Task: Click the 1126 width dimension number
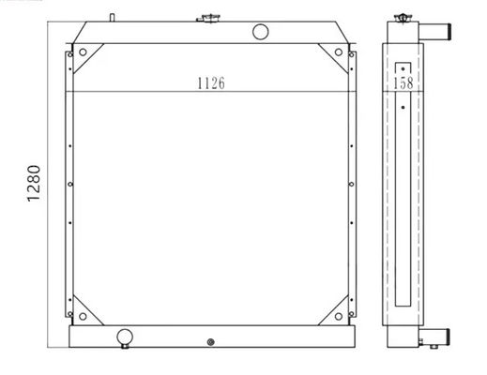[210, 83]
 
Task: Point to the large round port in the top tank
[260, 32]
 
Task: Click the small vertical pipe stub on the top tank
[112, 18]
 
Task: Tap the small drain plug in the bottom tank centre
[210, 341]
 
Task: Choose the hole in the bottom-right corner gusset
[335, 311]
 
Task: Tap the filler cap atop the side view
[402, 16]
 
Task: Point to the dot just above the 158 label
[402, 67]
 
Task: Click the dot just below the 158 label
[402, 106]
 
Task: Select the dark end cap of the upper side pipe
[449, 30]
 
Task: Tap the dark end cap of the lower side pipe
[449, 335]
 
